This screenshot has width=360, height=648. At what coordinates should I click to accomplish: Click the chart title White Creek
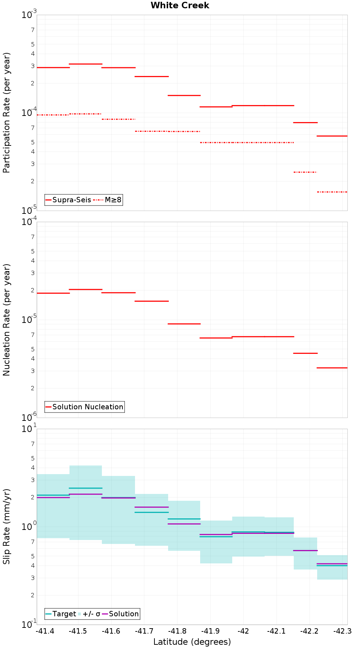pyautogui.click(x=180, y=5)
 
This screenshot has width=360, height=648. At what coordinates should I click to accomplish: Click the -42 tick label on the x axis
pyautogui.click(x=244, y=631)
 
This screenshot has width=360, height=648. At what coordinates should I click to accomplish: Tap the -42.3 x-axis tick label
pyautogui.click(x=342, y=631)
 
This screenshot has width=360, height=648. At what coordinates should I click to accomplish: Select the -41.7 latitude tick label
pyautogui.click(x=144, y=631)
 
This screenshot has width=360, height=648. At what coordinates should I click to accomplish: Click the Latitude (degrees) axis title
pyautogui.click(x=192, y=642)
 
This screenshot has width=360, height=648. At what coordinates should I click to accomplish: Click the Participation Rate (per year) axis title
pyautogui.click(x=6, y=113)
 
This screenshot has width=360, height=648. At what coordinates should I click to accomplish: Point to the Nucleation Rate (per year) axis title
pyautogui.click(x=6, y=320)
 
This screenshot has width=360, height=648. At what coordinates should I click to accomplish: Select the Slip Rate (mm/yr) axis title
pyautogui.click(x=6, y=527)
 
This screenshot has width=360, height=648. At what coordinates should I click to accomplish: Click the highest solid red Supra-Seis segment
pyautogui.click(x=85, y=64)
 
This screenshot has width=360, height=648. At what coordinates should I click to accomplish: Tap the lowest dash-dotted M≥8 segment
pyautogui.click(x=332, y=192)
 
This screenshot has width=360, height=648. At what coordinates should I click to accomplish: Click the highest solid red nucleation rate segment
pyautogui.click(x=85, y=289)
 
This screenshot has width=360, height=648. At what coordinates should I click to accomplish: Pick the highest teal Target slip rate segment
pyautogui.click(x=85, y=488)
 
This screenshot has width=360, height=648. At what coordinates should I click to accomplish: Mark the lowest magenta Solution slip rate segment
pyautogui.click(x=332, y=563)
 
